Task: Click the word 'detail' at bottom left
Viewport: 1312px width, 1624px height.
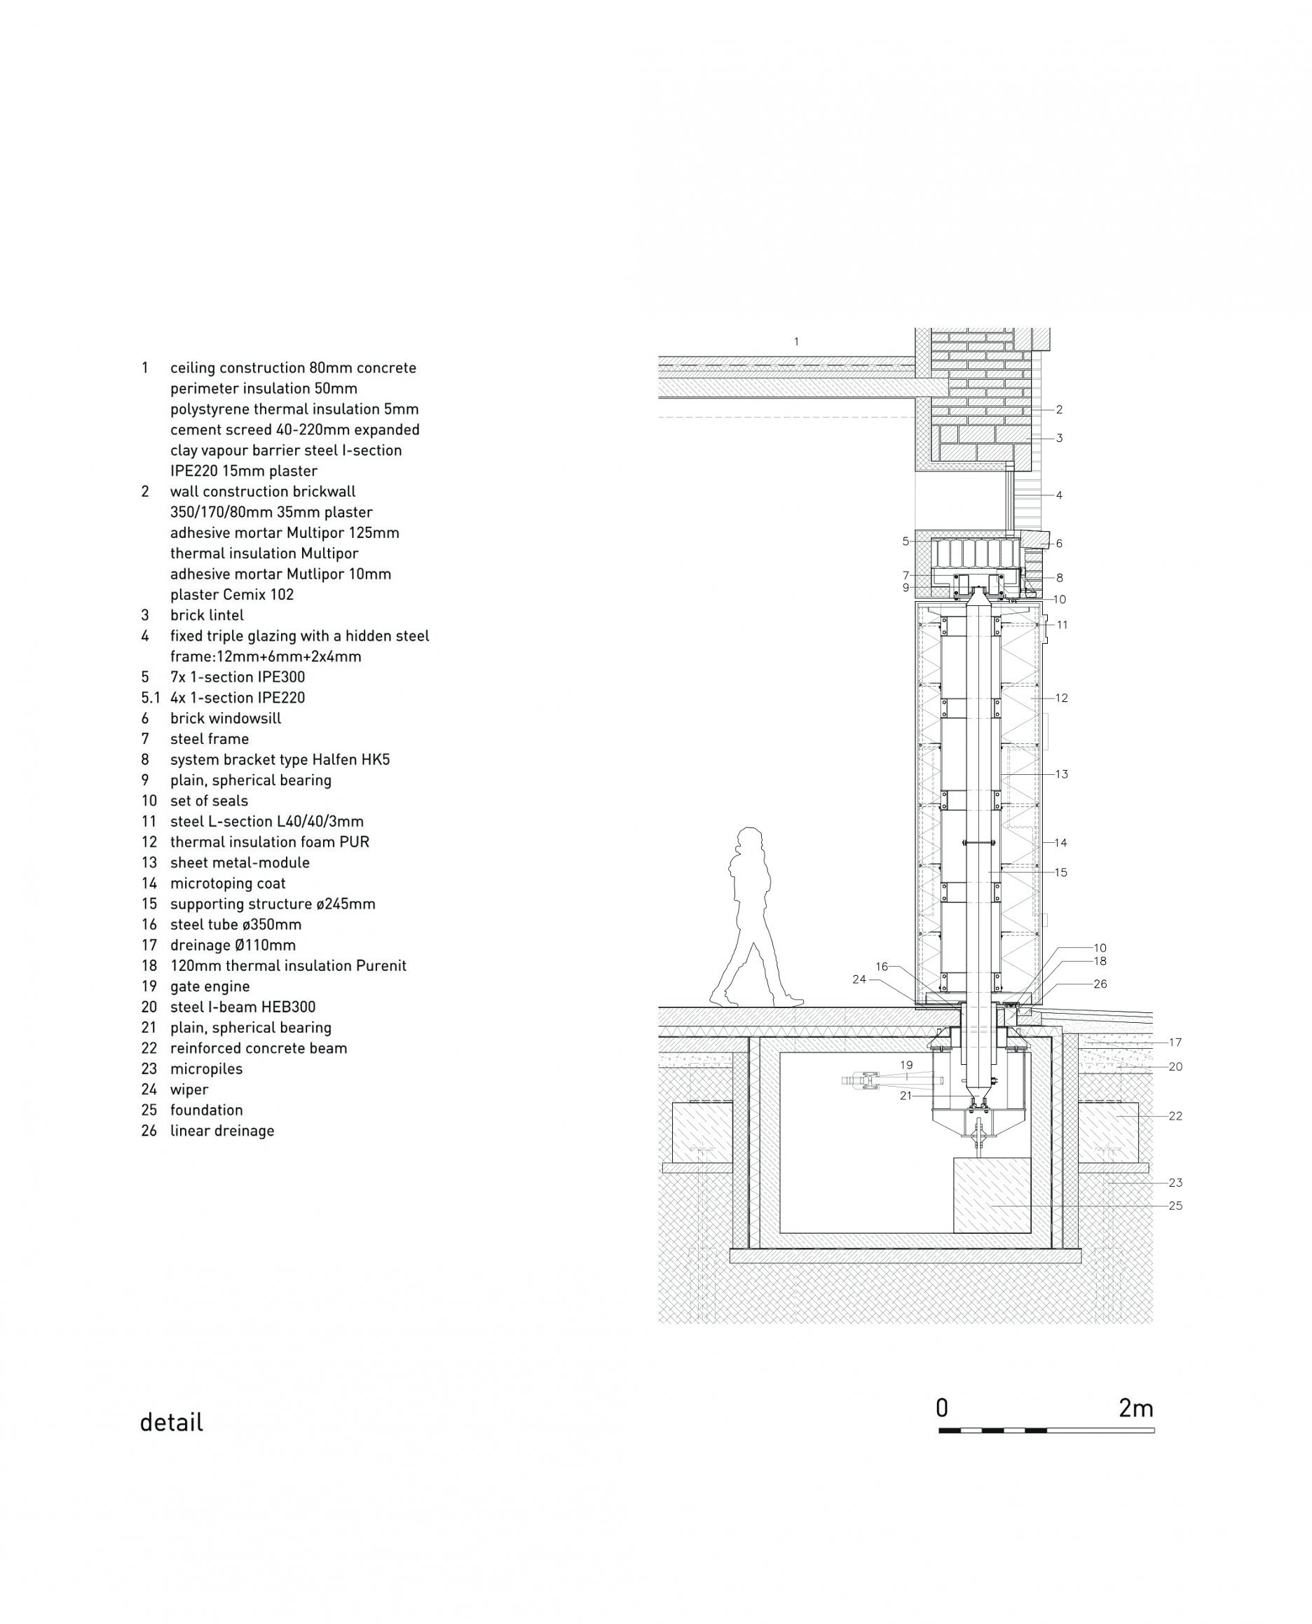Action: point(172,1422)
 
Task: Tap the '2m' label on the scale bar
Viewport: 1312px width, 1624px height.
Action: point(1136,1408)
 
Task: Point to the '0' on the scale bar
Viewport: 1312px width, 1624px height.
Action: point(942,1408)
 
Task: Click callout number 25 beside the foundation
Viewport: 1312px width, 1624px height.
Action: point(1175,1206)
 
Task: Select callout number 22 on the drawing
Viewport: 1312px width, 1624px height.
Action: point(1175,1115)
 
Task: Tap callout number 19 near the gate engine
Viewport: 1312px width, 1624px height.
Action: point(906,1065)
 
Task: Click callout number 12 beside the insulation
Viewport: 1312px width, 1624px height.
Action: point(1062,698)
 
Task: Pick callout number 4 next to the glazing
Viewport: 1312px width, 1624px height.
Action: point(1059,495)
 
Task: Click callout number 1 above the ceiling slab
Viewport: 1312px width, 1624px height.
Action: point(795,341)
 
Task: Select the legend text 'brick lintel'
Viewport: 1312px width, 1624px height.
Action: point(207,615)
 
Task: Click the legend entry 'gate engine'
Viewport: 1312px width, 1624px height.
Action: point(210,986)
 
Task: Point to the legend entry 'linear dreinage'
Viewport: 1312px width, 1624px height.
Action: point(222,1131)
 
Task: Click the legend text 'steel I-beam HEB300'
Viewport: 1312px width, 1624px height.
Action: point(242,1007)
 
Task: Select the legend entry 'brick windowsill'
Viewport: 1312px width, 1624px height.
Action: point(225,718)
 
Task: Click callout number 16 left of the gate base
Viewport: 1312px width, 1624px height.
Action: point(882,967)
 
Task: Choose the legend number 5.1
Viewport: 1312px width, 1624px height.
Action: point(151,698)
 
